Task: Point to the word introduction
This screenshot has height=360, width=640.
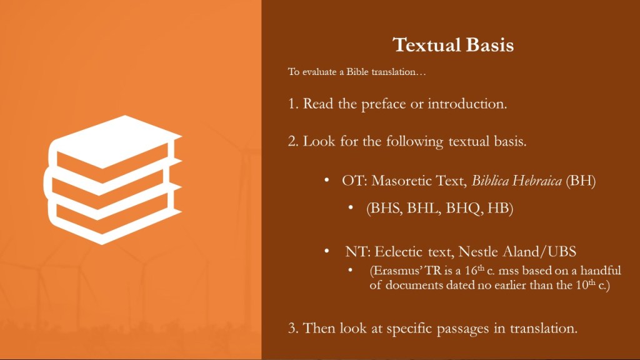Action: (467, 104)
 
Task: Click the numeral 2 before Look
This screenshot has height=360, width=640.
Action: (293, 141)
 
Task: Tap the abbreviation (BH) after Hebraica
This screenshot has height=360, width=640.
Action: (581, 181)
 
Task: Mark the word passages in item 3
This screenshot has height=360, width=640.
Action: (463, 329)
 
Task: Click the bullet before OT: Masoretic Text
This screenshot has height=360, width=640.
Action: (326, 179)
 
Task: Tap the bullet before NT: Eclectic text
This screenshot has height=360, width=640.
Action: (326, 251)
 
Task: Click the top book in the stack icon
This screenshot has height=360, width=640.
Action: (115, 141)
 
